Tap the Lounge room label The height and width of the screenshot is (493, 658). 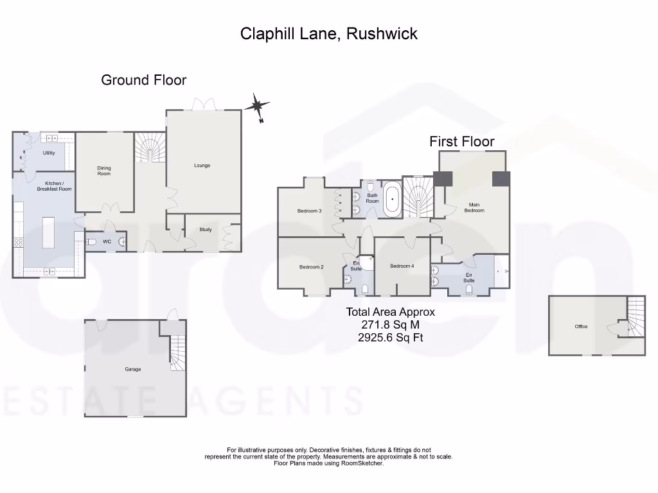[202, 166]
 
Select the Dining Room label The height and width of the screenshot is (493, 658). [104, 171]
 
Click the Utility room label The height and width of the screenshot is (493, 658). [49, 153]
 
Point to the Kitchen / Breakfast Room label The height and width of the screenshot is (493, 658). [55, 186]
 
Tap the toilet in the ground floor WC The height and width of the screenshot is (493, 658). [91, 242]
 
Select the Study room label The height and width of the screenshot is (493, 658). [206, 229]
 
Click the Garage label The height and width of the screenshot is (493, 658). [133, 369]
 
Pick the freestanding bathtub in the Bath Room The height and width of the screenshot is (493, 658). [392, 200]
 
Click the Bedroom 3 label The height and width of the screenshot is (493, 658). [309, 211]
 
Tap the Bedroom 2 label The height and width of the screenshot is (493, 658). [311, 267]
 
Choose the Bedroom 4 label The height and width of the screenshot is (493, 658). [402, 266]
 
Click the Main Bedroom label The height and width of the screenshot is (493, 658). [474, 207]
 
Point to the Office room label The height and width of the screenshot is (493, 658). [581, 327]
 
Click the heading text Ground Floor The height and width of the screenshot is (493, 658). [144, 80]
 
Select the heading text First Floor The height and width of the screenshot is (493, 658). [462, 141]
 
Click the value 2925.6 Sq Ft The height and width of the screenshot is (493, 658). [390, 337]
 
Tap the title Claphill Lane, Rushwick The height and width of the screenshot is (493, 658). [328, 33]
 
